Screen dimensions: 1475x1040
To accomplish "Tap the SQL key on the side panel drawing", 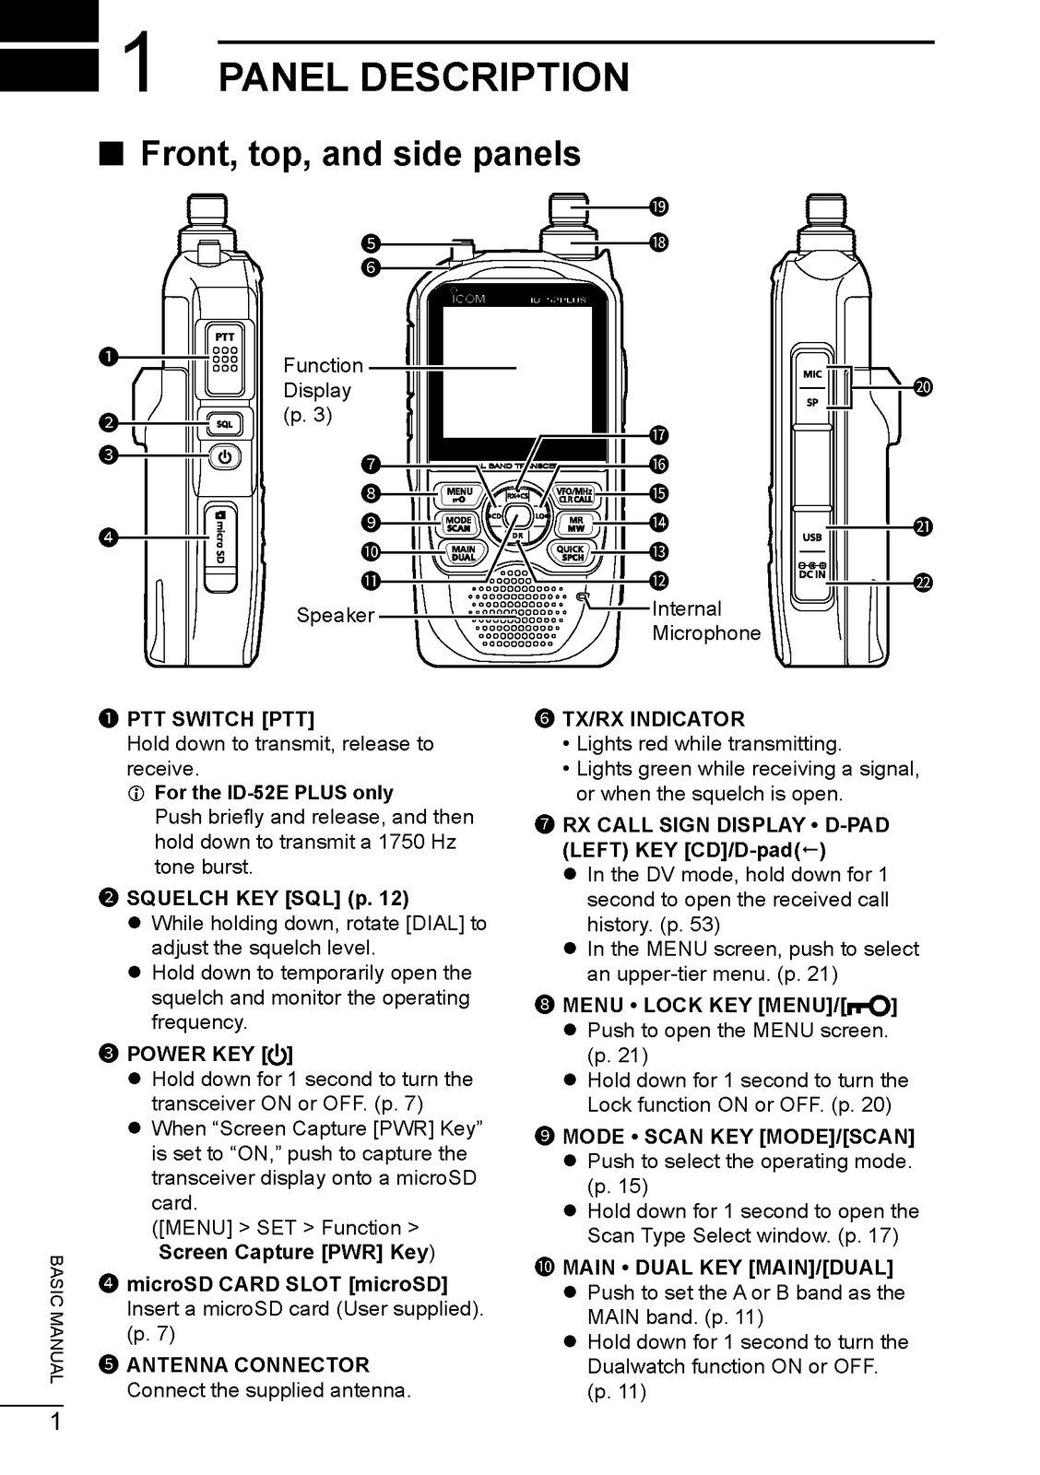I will tap(225, 424).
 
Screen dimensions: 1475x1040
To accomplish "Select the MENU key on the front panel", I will tap(459, 495).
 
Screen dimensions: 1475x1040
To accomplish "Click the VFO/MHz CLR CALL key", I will tap(575, 495).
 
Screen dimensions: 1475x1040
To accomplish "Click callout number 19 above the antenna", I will tap(658, 206).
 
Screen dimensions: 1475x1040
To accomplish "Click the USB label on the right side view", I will tap(812, 537).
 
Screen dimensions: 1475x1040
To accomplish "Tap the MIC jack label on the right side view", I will tap(812, 373).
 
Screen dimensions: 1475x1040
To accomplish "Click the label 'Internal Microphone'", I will tap(706, 620).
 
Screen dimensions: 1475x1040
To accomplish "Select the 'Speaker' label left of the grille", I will tap(335, 615).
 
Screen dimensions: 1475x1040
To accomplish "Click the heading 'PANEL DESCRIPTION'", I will tap(423, 77).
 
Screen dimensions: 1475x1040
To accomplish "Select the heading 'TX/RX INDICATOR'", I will tap(653, 719).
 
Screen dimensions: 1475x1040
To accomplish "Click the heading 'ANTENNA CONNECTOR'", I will tap(247, 1365).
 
